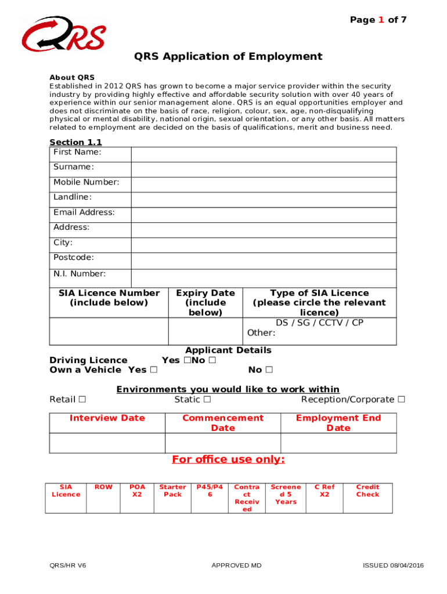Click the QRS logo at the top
(x=64, y=34)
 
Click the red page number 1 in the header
(x=381, y=20)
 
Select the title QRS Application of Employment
(x=228, y=56)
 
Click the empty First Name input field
(x=264, y=154)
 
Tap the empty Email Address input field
(x=264, y=215)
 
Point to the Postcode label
(x=74, y=258)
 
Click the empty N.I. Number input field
(x=264, y=278)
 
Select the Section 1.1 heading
(x=75, y=142)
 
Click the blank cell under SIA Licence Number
(x=109, y=331)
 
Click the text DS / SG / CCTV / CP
(x=319, y=323)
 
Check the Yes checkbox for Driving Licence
(x=186, y=360)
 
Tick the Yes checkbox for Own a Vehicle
(x=153, y=370)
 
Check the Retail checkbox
(x=82, y=399)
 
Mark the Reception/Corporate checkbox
(x=401, y=399)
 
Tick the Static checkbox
(x=207, y=399)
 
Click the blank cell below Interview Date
(x=107, y=443)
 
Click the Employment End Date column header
(x=338, y=423)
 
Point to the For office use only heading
(x=228, y=459)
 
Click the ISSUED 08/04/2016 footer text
(x=393, y=566)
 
